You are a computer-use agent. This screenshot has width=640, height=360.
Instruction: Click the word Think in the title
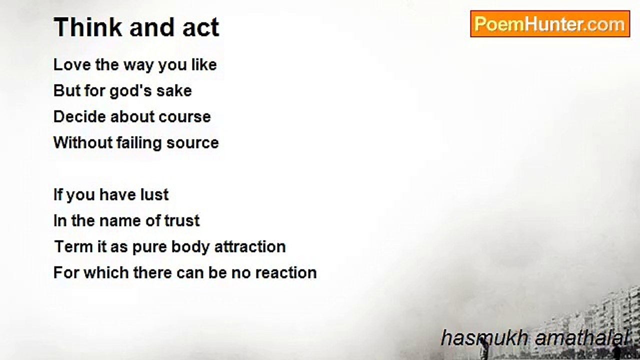point(88,27)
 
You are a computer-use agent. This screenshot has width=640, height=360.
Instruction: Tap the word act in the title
point(201,27)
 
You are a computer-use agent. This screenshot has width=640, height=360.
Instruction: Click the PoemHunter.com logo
point(550,24)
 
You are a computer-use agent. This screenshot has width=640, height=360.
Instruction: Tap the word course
point(184,117)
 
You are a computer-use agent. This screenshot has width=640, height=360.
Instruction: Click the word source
point(193,143)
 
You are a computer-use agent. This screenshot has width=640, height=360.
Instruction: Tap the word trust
point(181,221)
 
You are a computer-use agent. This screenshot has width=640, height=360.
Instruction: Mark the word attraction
point(250,247)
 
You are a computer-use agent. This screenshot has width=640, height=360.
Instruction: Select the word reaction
point(286,273)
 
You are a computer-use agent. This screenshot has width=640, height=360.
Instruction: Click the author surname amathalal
point(581,338)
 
